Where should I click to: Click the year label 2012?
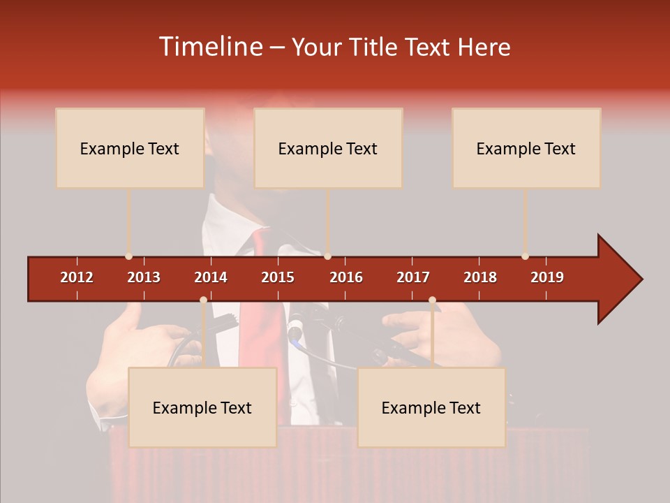click(77, 277)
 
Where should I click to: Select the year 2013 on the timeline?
click(144, 277)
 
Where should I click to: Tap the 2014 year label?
click(211, 277)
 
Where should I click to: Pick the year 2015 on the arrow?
click(278, 277)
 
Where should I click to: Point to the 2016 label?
click(346, 277)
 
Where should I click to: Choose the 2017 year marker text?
click(413, 277)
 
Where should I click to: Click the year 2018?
click(480, 277)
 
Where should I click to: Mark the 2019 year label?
click(547, 277)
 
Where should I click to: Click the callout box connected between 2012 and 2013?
click(130, 148)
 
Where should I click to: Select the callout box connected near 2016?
click(328, 148)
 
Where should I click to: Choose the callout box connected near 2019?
click(526, 148)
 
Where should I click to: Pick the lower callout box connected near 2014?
click(202, 407)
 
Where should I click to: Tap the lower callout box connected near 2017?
click(431, 407)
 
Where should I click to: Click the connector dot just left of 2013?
click(128, 256)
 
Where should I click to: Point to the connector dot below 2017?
click(432, 300)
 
